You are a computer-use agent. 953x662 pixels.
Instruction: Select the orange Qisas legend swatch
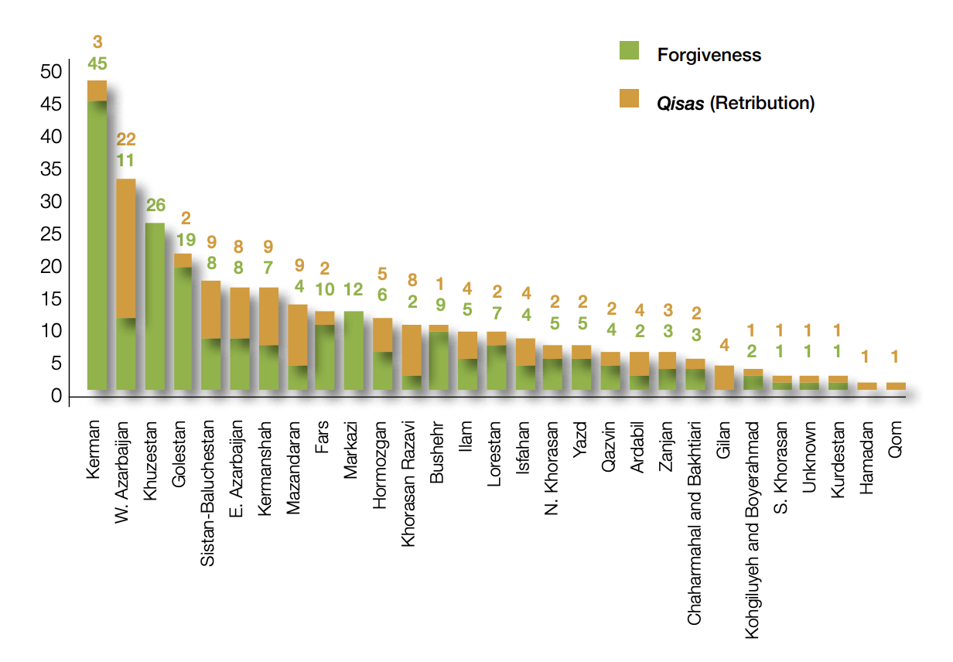[x=629, y=98]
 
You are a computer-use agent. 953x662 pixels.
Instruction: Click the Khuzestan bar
[x=155, y=305]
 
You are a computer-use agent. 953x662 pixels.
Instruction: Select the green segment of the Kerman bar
[x=97, y=244]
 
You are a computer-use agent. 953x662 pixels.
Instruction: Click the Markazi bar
[x=354, y=350]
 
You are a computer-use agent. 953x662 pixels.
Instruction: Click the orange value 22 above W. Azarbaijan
[x=126, y=139]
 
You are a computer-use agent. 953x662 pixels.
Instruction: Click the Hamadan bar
[x=867, y=385]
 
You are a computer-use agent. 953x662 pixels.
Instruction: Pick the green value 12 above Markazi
[x=354, y=290]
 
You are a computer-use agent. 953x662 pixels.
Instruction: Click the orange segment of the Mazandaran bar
[x=297, y=334]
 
